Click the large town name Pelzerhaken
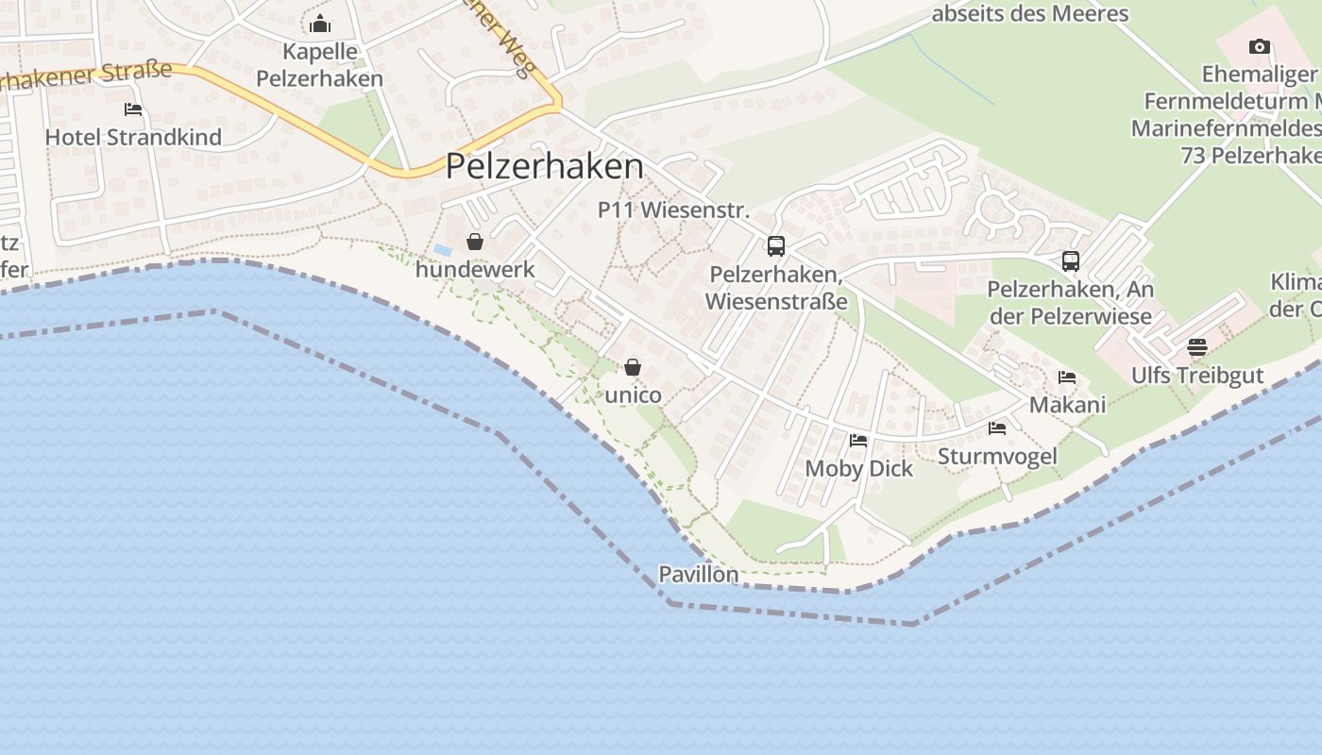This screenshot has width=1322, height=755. click(x=545, y=167)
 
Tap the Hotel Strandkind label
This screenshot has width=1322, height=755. click(x=133, y=137)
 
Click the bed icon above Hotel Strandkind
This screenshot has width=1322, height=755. click(x=133, y=109)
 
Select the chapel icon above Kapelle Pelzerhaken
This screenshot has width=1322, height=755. click(x=320, y=24)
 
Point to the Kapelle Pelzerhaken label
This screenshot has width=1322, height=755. click(x=320, y=64)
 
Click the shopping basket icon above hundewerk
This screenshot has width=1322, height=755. click(x=475, y=243)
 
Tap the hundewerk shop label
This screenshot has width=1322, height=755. click(x=475, y=269)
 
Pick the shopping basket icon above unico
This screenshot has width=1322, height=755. click(x=633, y=367)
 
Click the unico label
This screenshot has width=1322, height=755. click(x=633, y=394)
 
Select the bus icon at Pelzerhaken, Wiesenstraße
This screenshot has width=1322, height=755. click(x=776, y=246)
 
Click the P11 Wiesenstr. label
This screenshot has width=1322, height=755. click(x=673, y=210)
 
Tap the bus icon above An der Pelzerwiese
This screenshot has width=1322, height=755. click(x=1070, y=261)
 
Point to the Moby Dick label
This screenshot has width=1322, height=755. click(x=859, y=468)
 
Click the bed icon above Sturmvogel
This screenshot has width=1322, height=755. click(x=997, y=428)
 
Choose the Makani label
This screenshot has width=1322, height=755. click(x=1067, y=405)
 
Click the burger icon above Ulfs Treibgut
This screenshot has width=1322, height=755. click(x=1197, y=347)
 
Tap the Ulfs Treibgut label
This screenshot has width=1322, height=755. click(x=1197, y=376)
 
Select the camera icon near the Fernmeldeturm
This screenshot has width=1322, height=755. click(x=1259, y=47)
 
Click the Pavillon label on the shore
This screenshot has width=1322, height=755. click(x=699, y=574)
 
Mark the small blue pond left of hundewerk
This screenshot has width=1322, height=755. click(x=443, y=250)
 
